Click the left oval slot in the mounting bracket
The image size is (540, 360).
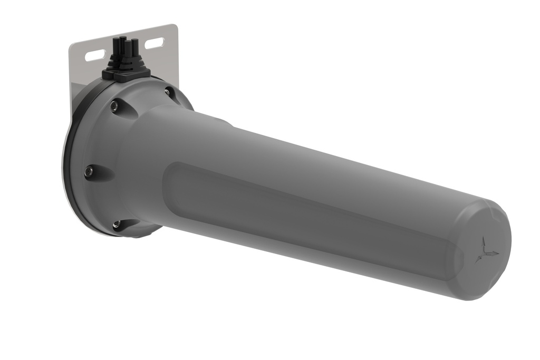[95, 54]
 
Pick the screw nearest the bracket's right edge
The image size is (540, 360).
[168, 92]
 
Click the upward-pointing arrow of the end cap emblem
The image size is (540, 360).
[482, 244]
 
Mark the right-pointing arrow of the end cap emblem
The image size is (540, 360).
[494, 254]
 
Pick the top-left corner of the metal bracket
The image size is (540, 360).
[72, 45]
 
